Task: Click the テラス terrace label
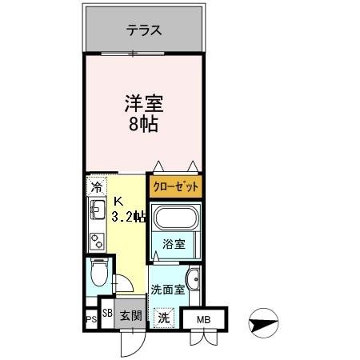(144, 31)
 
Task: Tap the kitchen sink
(97, 212)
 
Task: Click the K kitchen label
(118, 201)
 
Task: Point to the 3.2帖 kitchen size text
(128, 216)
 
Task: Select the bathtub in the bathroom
(175, 219)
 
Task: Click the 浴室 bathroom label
(174, 244)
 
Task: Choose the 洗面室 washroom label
(168, 290)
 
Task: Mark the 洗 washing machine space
(163, 317)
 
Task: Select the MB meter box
(204, 318)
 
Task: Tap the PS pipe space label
(91, 320)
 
